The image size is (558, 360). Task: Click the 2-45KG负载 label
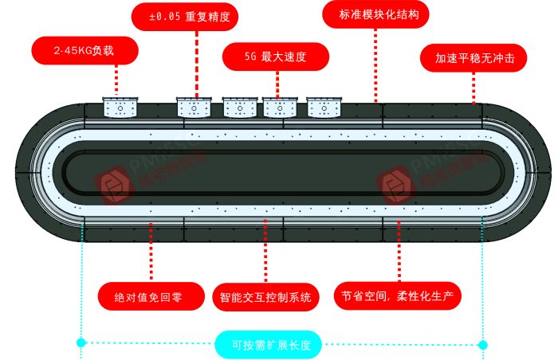tap(84, 51)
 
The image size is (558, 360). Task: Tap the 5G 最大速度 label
tap(275, 57)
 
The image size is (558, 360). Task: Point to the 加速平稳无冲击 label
tap(474, 58)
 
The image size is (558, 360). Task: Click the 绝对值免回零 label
tap(149, 298)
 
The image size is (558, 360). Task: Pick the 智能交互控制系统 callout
tap(265, 298)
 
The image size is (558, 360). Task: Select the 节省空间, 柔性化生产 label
tap(397, 296)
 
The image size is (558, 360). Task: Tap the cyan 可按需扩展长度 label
tap(265, 346)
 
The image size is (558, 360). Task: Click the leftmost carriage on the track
tap(120, 107)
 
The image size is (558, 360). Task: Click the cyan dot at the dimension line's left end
tap(81, 342)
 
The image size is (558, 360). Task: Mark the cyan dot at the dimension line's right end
tap(483, 344)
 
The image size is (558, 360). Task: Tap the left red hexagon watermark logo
tap(112, 185)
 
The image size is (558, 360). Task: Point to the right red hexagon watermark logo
tap(396, 185)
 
